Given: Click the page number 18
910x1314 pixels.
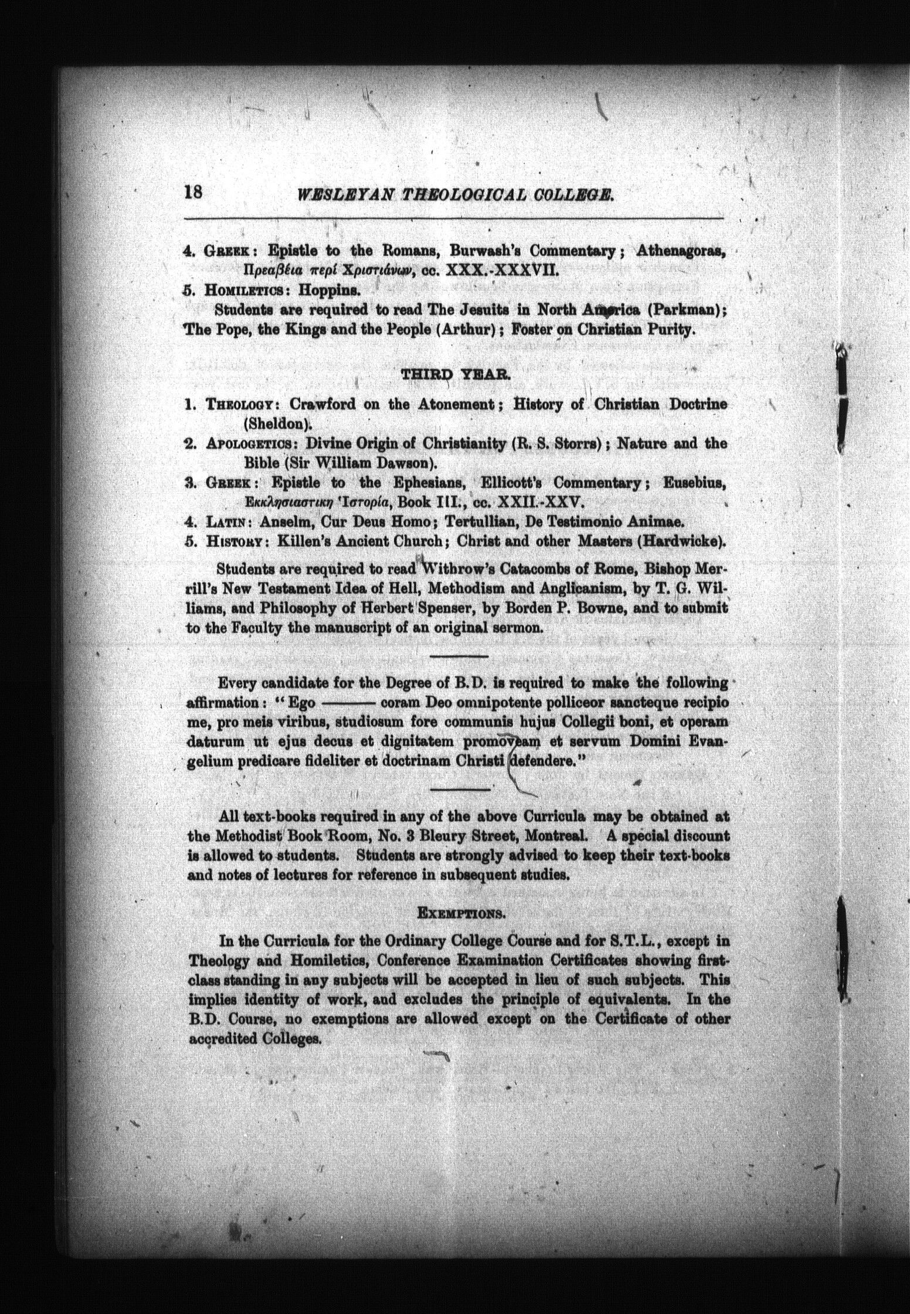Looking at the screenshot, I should [193, 193].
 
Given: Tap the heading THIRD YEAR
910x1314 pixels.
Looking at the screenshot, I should [454, 377].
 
